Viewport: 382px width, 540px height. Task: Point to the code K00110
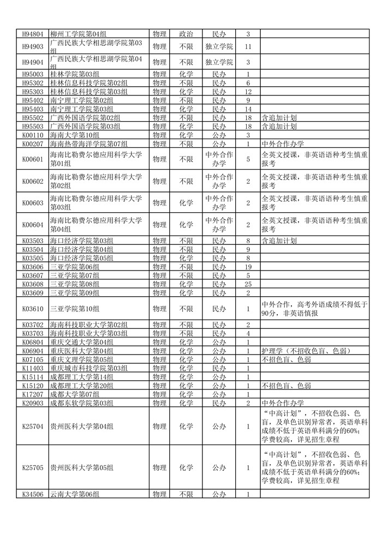click(x=32, y=135)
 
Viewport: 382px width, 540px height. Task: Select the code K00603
click(x=32, y=203)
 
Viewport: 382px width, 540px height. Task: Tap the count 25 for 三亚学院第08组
click(x=248, y=284)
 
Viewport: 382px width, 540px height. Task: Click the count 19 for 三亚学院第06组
click(x=248, y=267)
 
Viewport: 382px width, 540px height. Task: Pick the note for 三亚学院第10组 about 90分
click(x=314, y=309)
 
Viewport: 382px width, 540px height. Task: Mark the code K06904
click(x=32, y=351)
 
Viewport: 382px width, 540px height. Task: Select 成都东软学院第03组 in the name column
click(x=82, y=403)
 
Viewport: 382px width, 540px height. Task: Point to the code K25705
click(x=32, y=467)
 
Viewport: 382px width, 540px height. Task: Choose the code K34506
click(x=32, y=495)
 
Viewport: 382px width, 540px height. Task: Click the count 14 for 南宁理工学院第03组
click(x=248, y=109)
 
